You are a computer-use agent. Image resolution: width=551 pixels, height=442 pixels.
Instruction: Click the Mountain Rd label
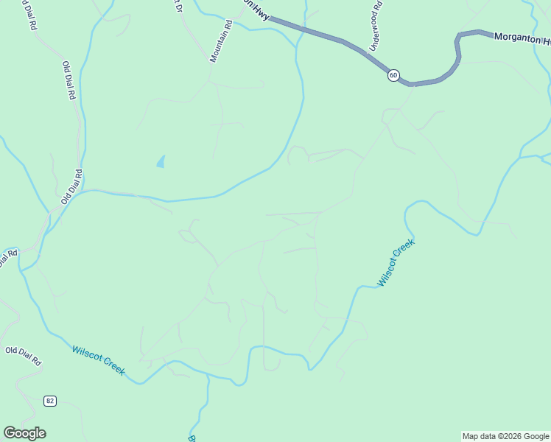click(221, 41)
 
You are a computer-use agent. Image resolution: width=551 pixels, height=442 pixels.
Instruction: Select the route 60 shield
click(393, 75)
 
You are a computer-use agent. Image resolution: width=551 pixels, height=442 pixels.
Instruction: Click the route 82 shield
click(49, 401)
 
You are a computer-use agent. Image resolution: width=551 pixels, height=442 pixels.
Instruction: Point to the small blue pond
click(161, 161)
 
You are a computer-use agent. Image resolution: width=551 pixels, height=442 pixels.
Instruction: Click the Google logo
click(24, 433)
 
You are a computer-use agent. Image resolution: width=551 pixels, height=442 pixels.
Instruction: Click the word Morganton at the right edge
click(515, 37)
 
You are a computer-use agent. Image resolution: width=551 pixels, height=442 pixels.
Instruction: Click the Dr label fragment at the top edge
click(178, 7)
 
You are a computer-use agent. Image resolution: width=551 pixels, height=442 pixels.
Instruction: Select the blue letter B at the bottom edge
click(192, 438)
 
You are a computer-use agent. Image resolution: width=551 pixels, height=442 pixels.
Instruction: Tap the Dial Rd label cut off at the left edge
click(7, 260)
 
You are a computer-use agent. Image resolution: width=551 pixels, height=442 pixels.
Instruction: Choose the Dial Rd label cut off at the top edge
click(30, 15)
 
